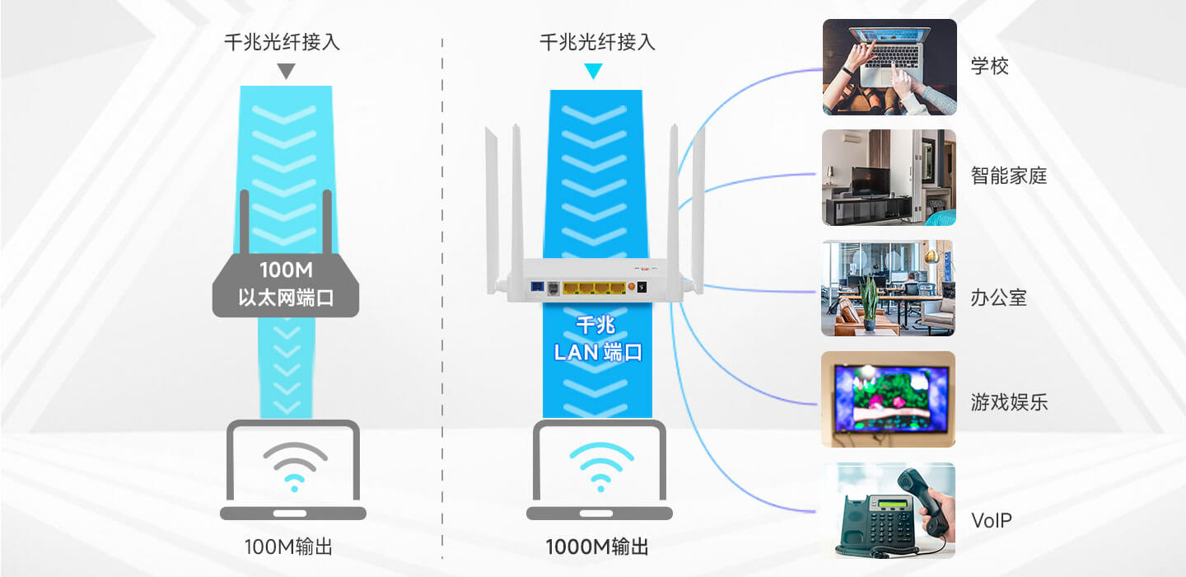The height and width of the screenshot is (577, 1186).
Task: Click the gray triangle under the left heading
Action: click(x=285, y=72)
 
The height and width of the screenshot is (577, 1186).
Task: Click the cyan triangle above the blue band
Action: click(x=593, y=72)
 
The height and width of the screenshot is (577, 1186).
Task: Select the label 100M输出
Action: click(x=288, y=547)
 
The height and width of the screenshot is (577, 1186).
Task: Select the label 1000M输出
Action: click(x=597, y=547)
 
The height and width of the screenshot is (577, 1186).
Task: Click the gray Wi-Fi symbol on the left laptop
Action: click(x=294, y=466)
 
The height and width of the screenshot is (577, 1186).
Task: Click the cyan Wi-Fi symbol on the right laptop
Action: click(x=600, y=466)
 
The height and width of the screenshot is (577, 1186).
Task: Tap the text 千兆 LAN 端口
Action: click(x=598, y=340)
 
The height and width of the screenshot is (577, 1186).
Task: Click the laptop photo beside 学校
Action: click(x=889, y=67)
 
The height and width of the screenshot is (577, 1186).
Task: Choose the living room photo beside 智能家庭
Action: click(x=889, y=177)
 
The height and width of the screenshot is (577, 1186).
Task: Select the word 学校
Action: click(x=989, y=67)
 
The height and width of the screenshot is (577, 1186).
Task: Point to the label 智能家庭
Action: click(x=1008, y=176)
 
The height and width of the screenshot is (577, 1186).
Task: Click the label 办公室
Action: click(x=998, y=298)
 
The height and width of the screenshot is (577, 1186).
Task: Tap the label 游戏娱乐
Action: click(x=1008, y=402)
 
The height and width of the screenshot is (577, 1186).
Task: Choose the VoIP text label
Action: click(x=991, y=521)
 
